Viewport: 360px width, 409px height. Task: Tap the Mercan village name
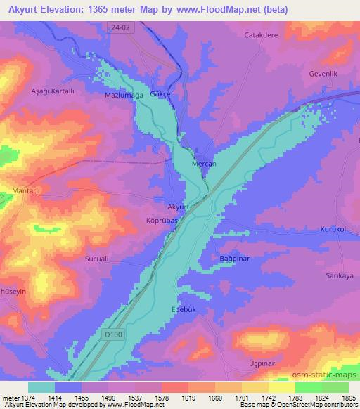point(203,163)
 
